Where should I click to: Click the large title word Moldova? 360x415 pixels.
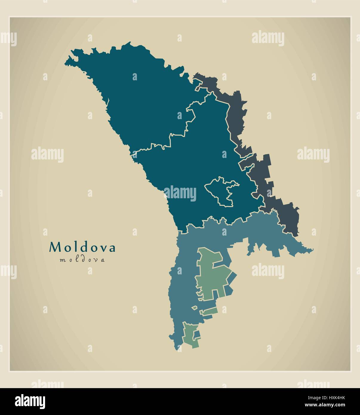coord(82,248)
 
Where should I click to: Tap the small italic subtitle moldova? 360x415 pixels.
coord(82,260)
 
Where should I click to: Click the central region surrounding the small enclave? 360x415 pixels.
coord(191,167)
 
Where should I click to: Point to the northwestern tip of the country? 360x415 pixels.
coord(66,63)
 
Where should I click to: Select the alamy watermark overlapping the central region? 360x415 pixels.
coord(180,193)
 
